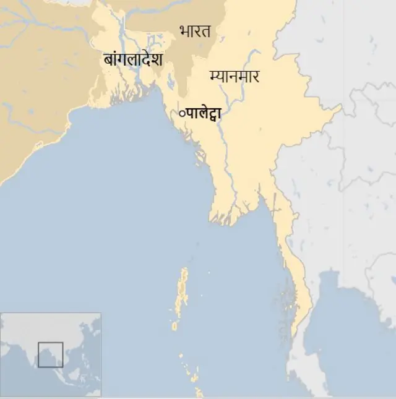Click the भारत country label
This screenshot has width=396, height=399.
195,30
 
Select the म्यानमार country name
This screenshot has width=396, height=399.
235,77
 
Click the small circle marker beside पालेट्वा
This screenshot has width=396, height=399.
181,113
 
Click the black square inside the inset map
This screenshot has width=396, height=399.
50,354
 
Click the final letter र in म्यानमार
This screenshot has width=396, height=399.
254,77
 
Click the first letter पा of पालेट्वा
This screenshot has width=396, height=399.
190,113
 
